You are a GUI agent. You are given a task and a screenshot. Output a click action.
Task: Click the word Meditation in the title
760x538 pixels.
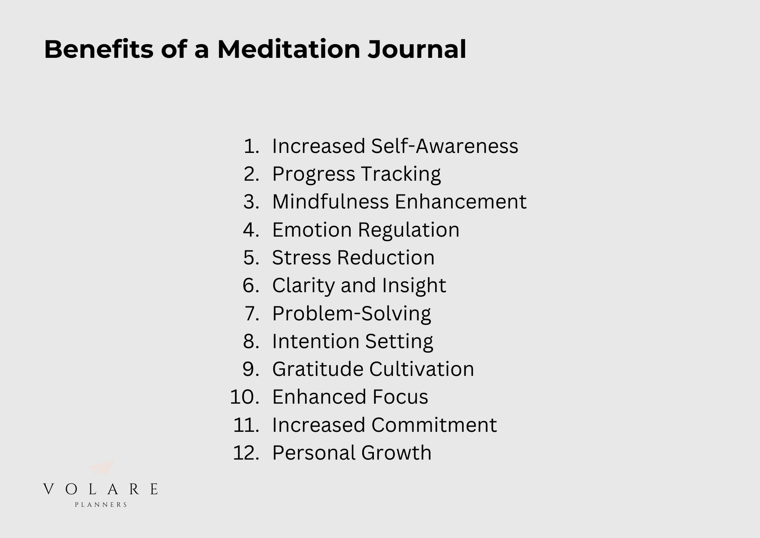[289, 49]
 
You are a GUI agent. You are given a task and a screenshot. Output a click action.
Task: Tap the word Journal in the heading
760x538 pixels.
[417, 49]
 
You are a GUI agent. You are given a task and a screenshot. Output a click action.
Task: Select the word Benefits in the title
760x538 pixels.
[99, 49]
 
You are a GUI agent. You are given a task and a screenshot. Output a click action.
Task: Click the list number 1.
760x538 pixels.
[251, 146]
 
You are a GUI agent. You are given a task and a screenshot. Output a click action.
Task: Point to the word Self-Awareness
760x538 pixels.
[444, 146]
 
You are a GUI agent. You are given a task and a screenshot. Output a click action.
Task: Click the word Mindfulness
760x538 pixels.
[330, 202]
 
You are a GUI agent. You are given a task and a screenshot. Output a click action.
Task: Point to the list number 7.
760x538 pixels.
[252, 314]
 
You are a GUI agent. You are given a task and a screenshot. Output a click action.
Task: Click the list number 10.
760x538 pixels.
[245, 397]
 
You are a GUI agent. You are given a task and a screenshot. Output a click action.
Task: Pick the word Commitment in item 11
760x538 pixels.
[434, 425]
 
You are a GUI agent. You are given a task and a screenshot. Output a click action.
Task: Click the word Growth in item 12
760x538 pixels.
[396, 453]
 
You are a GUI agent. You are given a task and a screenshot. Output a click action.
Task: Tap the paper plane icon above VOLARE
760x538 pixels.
[102, 468]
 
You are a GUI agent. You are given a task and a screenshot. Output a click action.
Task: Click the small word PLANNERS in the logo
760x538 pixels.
[101, 505]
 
